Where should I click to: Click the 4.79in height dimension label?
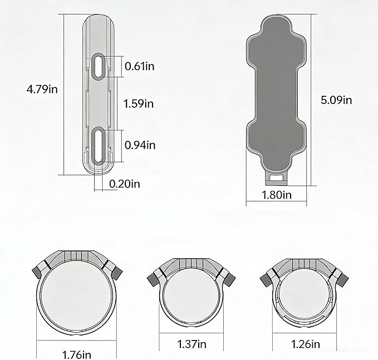pyautogui.click(x=42, y=90)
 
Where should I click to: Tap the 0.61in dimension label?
pyautogui.click(x=140, y=66)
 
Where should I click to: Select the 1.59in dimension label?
pyautogui.click(x=139, y=103)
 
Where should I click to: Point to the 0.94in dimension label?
pyautogui.click(x=140, y=145)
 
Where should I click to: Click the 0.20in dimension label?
pyautogui.click(x=125, y=184)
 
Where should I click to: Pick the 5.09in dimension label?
pyautogui.click(x=336, y=100)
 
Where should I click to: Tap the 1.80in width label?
pyautogui.click(x=277, y=195)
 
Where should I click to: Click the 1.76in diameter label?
pyautogui.click(x=77, y=355)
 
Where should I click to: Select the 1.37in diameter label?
pyautogui.click(x=192, y=344)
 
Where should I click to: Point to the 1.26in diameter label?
pyautogui.click(x=306, y=344)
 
